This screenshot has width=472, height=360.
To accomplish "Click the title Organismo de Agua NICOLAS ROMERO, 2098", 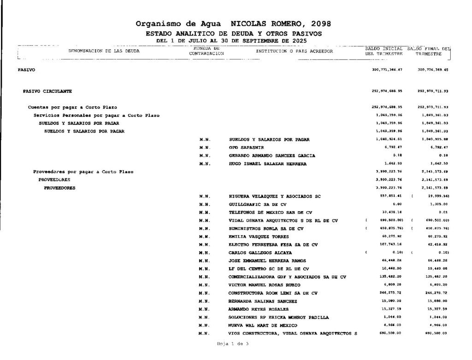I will coord(233,24).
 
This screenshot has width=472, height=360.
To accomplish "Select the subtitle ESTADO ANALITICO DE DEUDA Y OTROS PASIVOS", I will coord(233,34).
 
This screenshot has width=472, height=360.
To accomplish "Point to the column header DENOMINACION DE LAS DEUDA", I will coord(104,51).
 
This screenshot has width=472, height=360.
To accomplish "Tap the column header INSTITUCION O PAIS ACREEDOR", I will coord(294,51).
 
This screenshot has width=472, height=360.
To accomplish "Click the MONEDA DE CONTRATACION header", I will coord(206,51).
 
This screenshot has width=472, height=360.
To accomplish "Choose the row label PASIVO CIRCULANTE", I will coord(47,91).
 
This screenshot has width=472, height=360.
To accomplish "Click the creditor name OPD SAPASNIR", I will coord(246,148).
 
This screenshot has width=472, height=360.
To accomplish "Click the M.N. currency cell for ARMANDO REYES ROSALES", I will coord(205,309).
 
